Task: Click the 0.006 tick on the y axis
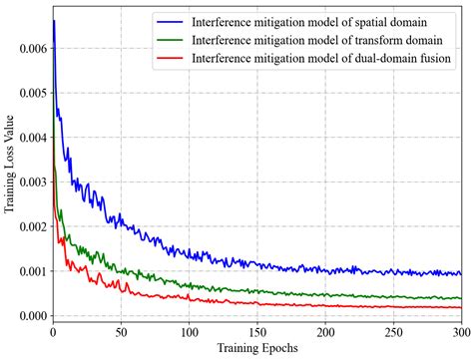29,48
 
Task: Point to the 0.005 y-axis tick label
29,93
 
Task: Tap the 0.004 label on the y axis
29,138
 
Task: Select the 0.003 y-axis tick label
29,182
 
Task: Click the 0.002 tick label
29,227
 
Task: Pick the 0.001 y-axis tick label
29,271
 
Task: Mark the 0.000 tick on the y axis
29,316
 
